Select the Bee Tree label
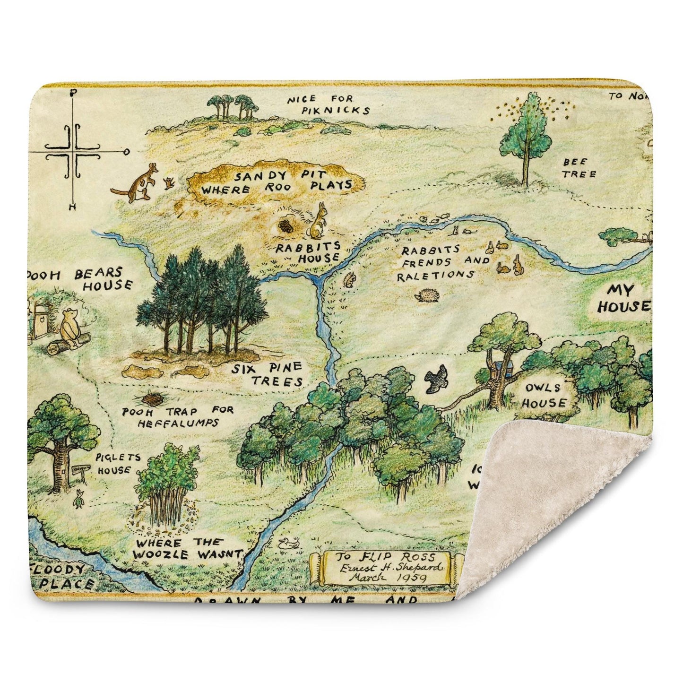coord(578,168)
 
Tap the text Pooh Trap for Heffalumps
coord(178,416)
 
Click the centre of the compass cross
coord(73,152)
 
